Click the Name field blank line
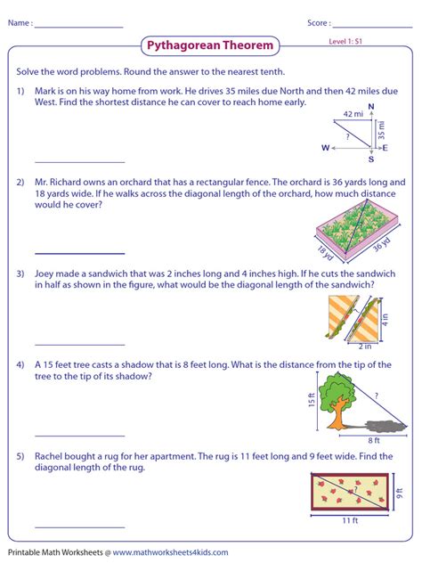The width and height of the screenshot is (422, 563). click(78, 27)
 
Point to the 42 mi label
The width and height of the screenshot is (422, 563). click(353, 114)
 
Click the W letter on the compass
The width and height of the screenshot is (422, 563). click(326, 147)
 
